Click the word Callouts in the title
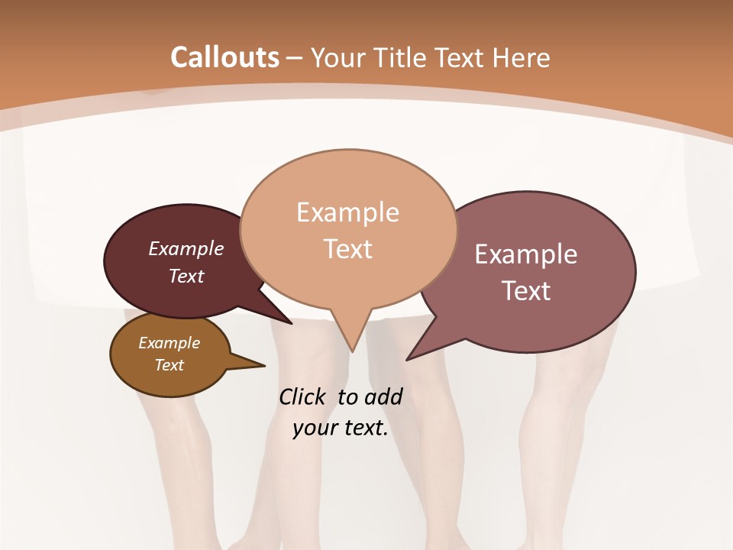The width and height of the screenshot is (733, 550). pyautogui.click(x=224, y=57)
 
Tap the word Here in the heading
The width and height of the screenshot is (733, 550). pyautogui.click(x=521, y=58)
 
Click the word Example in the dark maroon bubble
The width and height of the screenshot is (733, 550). pyautogui.click(x=186, y=249)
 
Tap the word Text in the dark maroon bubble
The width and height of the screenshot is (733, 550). pyautogui.click(x=186, y=276)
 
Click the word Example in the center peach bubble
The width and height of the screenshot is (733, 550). pyautogui.click(x=347, y=212)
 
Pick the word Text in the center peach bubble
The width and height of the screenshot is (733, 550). pyautogui.click(x=348, y=249)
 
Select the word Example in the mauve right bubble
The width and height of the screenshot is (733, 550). pyautogui.click(x=526, y=254)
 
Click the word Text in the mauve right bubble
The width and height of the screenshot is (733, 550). pyautogui.click(x=527, y=291)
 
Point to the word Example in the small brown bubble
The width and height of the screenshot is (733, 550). pyautogui.click(x=169, y=343)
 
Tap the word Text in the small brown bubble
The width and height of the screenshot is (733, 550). pyautogui.click(x=170, y=365)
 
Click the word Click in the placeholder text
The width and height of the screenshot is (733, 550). pyautogui.click(x=304, y=396)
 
